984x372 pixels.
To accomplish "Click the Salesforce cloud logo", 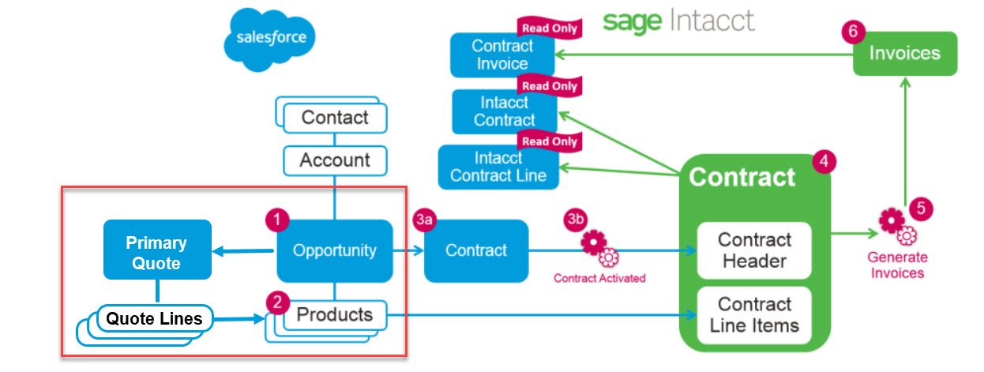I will pyautogui.click(x=270, y=37).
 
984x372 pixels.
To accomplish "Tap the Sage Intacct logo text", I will pyautogui.click(x=678, y=21).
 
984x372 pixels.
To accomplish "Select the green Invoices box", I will pyautogui.click(x=904, y=54).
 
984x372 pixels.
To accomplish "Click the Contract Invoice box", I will pyautogui.click(x=502, y=54).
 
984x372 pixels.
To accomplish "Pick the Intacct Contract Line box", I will pyautogui.click(x=498, y=167).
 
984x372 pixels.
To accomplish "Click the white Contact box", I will pyautogui.click(x=335, y=118).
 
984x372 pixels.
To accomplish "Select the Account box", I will pyautogui.click(x=335, y=160).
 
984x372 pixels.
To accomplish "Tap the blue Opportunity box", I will pyautogui.click(x=335, y=250).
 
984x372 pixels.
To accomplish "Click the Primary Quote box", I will pyautogui.click(x=157, y=253).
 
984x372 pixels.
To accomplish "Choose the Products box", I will pyautogui.click(x=334, y=314).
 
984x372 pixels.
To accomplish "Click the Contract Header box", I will pyautogui.click(x=754, y=250).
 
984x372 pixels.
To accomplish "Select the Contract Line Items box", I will pyautogui.click(x=754, y=314).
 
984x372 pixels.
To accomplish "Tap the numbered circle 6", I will pyautogui.click(x=853, y=31).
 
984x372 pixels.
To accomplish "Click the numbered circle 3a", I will pyautogui.click(x=424, y=220).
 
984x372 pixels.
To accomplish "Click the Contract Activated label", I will pyautogui.click(x=599, y=278).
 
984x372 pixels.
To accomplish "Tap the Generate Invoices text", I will pyautogui.click(x=896, y=265).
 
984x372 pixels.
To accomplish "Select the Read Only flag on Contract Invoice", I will pyautogui.click(x=549, y=28).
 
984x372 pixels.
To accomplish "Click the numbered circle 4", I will pyautogui.click(x=824, y=163).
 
